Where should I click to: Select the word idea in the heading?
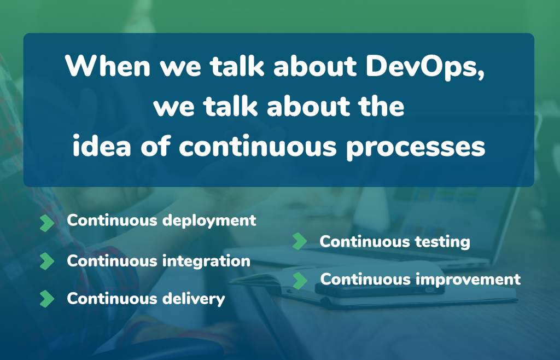tap(101, 146)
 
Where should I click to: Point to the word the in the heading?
tap(382, 106)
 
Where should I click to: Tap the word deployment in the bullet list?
tap(209, 221)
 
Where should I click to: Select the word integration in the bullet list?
tap(206, 262)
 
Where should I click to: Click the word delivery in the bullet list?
tap(194, 299)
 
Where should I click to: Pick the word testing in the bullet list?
tap(442, 242)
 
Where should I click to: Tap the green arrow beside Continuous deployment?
tap(47, 223)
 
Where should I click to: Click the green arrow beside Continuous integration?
tap(47, 261)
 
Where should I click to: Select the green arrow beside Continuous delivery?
tap(47, 299)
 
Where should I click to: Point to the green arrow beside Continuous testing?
tap(300, 241)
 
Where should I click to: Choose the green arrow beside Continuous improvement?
tap(300, 280)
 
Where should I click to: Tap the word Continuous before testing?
tap(365, 242)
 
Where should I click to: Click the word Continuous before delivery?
tap(112, 299)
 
